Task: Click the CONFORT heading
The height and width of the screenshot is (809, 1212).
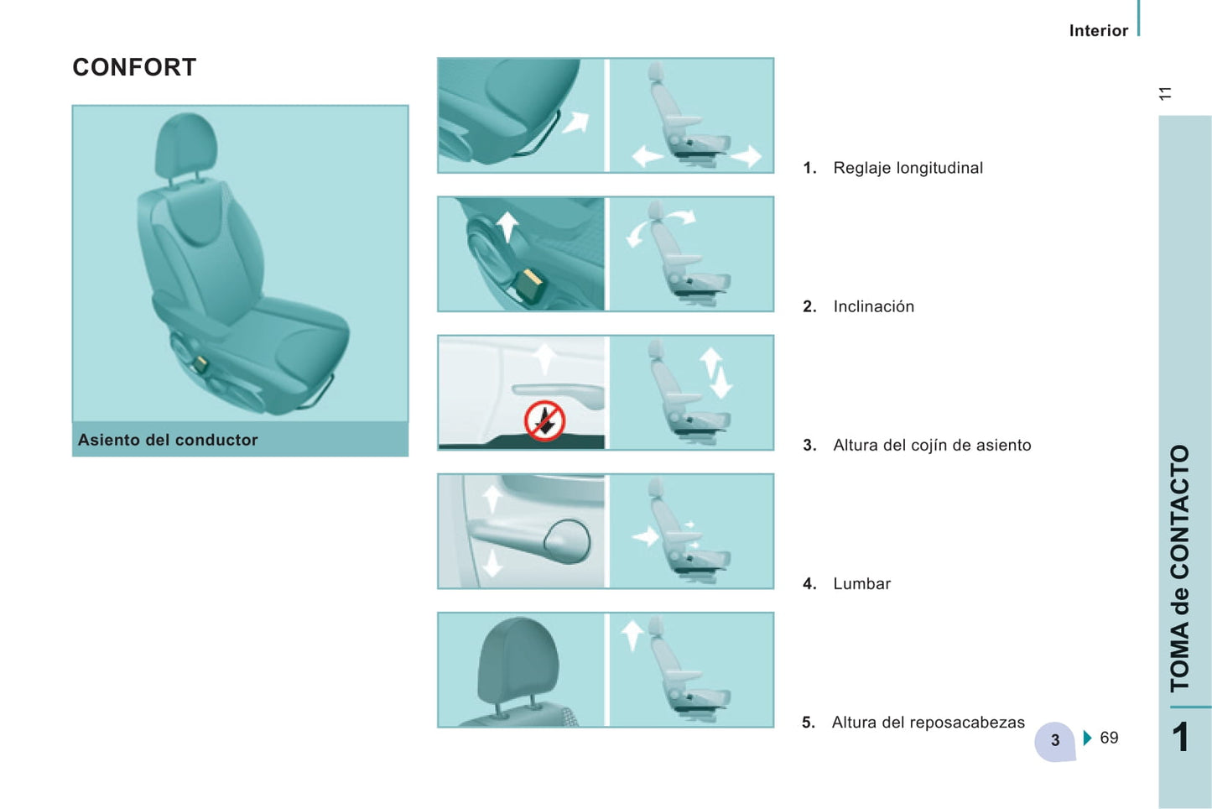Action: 134,67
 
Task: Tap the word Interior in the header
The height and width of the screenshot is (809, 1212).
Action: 1099,31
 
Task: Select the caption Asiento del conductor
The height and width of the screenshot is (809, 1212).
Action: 168,440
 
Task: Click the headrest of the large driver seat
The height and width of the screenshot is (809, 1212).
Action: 186,144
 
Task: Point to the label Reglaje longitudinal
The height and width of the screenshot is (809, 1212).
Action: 908,168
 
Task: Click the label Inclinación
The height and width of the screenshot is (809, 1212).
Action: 874,306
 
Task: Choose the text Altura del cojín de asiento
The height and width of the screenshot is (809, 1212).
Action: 932,445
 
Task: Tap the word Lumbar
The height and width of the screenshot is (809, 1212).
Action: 862,584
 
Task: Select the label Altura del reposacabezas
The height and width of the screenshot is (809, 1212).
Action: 929,723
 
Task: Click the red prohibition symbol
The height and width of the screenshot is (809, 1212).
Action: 545,420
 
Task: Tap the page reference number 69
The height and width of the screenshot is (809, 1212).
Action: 1109,738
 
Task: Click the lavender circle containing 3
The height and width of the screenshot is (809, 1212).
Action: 1054,741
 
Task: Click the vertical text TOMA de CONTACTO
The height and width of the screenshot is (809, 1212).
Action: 1180,569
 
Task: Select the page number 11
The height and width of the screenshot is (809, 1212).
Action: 1165,93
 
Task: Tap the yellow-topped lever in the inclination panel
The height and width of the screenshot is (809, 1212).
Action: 529,286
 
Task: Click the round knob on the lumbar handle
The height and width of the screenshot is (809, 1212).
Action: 566,541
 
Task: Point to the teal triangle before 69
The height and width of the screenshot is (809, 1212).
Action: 1088,738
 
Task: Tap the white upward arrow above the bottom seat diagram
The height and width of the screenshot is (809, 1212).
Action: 632,635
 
